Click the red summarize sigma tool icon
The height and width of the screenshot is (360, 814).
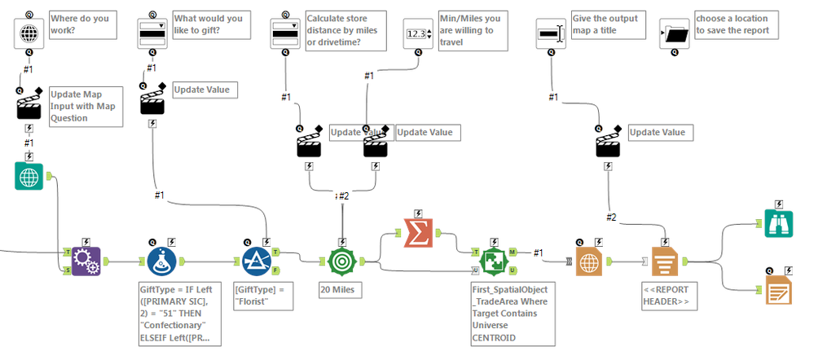point(418,234)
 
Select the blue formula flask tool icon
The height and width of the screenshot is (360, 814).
point(163,261)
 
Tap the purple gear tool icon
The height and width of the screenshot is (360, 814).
point(86,261)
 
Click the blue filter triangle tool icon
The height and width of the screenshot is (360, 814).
point(257,261)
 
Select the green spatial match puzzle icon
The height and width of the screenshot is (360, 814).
point(493,261)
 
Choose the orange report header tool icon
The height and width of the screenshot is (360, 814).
point(666,261)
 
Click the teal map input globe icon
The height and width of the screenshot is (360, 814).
point(29,176)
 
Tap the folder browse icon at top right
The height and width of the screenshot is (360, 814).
point(675,33)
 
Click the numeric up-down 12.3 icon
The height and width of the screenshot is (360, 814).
point(418,33)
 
